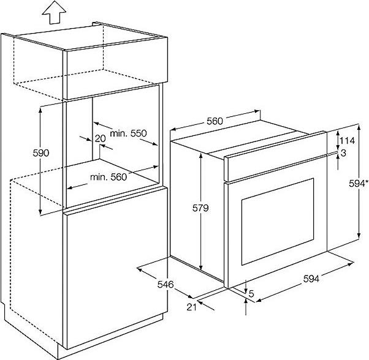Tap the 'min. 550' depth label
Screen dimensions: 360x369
pyautogui.click(x=129, y=133)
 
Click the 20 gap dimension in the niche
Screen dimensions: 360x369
pyautogui.click(x=100, y=138)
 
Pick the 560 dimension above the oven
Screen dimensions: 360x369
pyautogui.click(x=215, y=121)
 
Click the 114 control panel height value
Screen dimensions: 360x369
pyautogui.click(x=348, y=140)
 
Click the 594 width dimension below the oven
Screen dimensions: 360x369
pyautogui.click(x=312, y=280)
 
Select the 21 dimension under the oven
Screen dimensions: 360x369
pyautogui.click(x=191, y=306)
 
